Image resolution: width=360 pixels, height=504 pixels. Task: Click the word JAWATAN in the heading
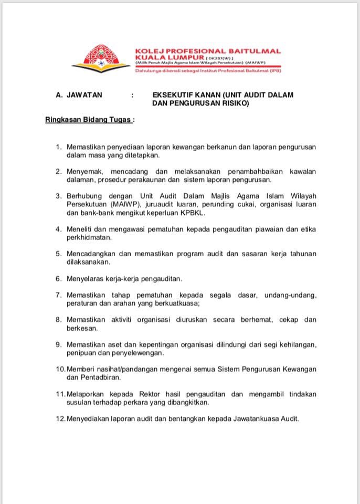pyautogui.click(x=84, y=95)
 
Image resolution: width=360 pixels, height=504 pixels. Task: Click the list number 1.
pyautogui.click(x=59, y=147)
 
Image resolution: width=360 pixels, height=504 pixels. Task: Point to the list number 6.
pyautogui.click(x=59, y=278)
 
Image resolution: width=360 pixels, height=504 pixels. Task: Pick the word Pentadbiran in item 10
pyautogui.click(x=87, y=377)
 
